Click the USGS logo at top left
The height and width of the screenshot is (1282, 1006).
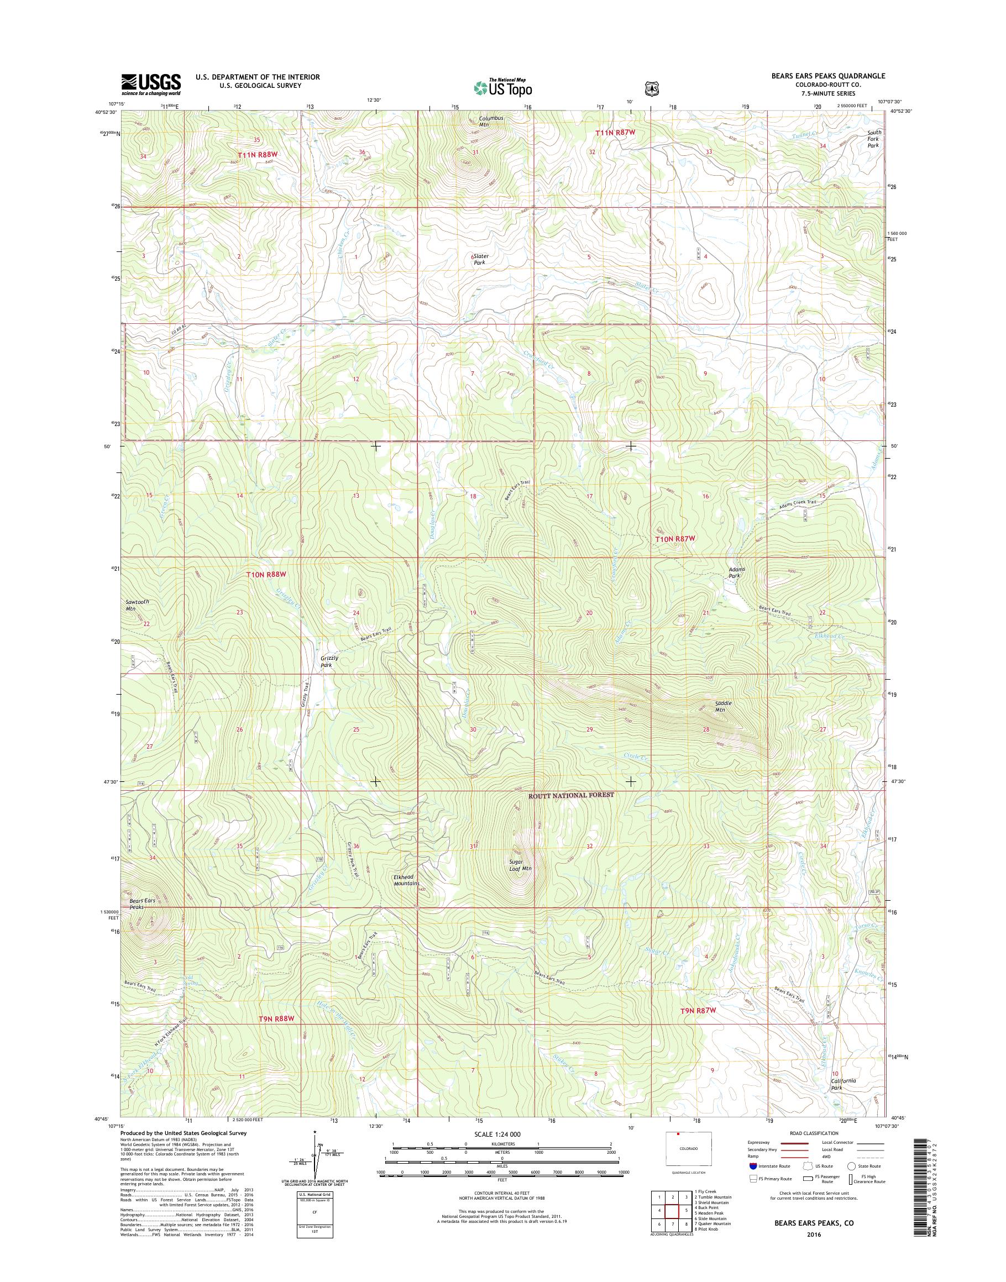[151, 84]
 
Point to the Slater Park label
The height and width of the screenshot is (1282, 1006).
[481, 259]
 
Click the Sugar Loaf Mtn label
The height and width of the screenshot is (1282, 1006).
[520, 864]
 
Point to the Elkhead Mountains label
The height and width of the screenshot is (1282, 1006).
[406, 880]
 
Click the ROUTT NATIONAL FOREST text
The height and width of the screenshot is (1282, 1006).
[571, 795]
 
